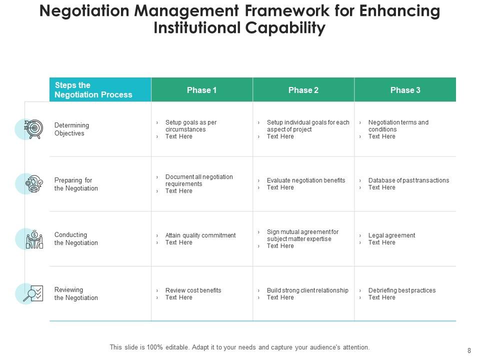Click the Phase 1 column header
tap(201, 90)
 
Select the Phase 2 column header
tap(303, 90)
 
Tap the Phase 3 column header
tap(405, 90)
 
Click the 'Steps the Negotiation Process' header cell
tap(93, 90)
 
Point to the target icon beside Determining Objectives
tap(33, 129)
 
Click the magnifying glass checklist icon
tap(33, 293)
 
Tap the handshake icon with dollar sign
tap(34, 239)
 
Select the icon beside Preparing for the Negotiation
tap(34, 184)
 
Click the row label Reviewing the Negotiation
tap(76, 294)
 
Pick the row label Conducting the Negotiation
tap(76, 239)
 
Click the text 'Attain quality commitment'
tap(200, 235)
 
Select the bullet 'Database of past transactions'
tap(408, 180)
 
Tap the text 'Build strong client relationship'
tap(307, 290)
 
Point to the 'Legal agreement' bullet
tap(391, 235)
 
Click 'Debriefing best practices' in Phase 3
tap(401, 290)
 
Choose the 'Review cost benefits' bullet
tap(193, 290)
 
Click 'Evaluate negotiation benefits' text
tap(305, 180)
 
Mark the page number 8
tap(468, 351)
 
